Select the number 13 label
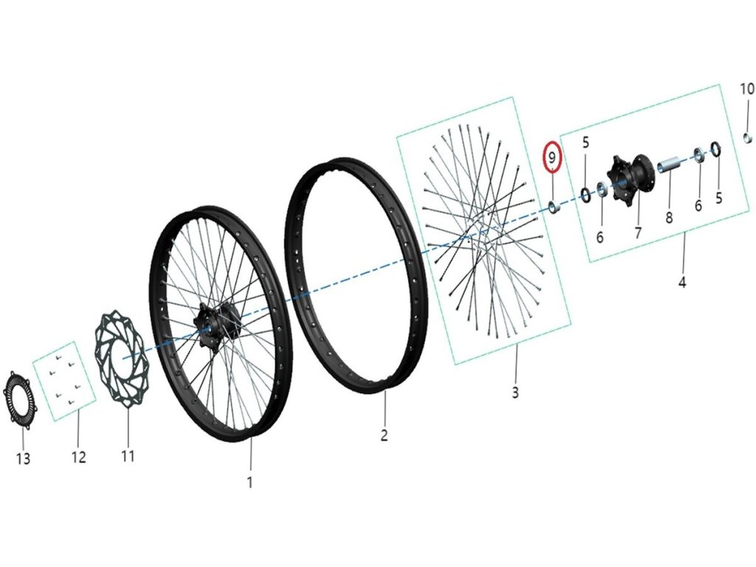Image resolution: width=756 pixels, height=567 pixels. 23,459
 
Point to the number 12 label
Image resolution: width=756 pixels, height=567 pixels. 78,457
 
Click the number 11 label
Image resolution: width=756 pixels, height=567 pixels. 128,456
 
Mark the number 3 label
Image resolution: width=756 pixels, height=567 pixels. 515,392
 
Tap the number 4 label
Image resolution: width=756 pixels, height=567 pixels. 682,282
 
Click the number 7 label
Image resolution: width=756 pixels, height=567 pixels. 638,233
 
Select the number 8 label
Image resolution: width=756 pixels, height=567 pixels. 669,219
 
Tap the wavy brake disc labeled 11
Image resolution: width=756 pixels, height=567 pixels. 122,359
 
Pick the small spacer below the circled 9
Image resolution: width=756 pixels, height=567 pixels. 553,206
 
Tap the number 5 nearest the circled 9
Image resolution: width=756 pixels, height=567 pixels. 585,142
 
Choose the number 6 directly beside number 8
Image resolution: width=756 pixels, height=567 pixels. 698,206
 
